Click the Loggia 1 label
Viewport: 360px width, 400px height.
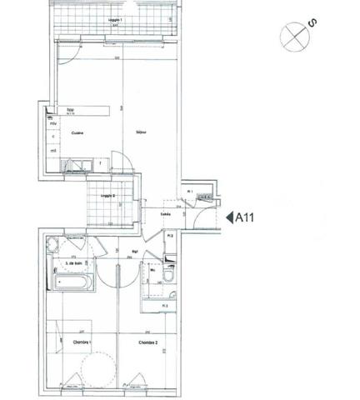point(117,20)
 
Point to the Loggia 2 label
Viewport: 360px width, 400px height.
point(107,197)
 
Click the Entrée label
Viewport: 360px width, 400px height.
point(167,214)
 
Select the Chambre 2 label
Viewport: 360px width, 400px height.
point(148,342)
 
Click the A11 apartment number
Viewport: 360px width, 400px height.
point(246,218)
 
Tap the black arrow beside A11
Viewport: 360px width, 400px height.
point(229,218)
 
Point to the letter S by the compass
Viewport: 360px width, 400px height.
point(312,23)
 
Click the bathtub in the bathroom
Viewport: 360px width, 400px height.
point(73,282)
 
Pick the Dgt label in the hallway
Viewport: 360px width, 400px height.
point(134,249)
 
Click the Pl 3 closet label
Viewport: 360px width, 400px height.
point(166,306)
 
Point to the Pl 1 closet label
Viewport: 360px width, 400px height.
point(190,191)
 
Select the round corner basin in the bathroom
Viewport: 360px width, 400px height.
point(52,244)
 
